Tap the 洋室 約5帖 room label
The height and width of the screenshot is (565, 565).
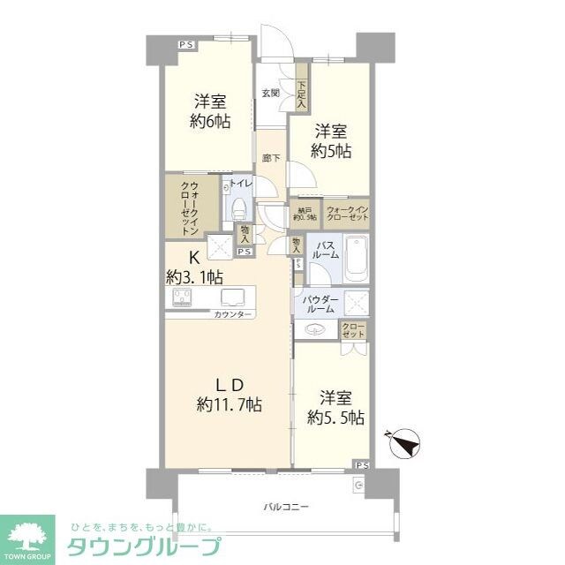click(x=331, y=141)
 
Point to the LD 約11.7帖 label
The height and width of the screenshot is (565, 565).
click(x=228, y=395)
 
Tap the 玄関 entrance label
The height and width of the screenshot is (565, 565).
click(x=271, y=92)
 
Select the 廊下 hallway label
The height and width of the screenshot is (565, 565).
click(x=271, y=158)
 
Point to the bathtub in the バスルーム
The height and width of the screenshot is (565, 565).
click(x=355, y=257)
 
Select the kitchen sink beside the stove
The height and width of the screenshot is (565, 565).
click(x=233, y=297)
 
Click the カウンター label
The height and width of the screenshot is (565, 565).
click(x=232, y=314)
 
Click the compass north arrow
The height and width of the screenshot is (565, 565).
click(x=405, y=442)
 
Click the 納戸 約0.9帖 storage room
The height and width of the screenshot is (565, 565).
click(x=302, y=214)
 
